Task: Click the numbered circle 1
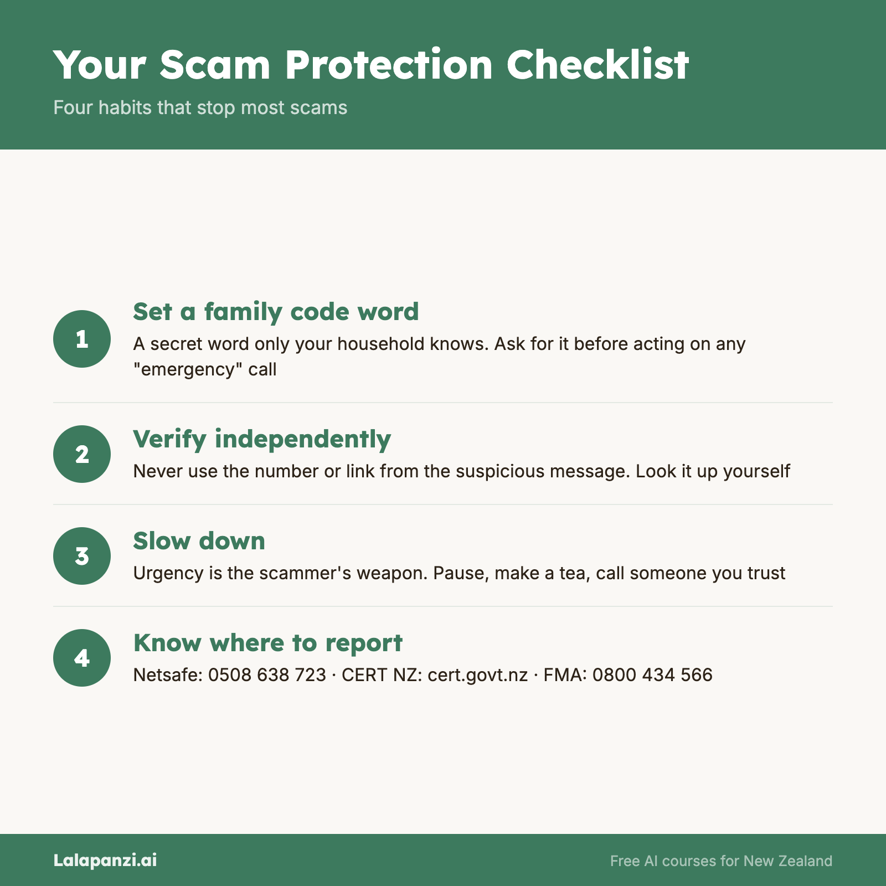(x=82, y=339)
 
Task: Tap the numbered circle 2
(x=82, y=454)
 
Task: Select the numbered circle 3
(x=82, y=556)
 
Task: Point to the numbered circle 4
(x=82, y=658)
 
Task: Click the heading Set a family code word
(x=276, y=312)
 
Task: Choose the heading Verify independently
(x=262, y=439)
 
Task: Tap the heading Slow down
(x=199, y=541)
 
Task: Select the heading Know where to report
(x=268, y=643)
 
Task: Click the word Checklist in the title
(x=597, y=65)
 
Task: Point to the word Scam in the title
(x=215, y=65)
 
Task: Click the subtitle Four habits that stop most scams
(x=200, y=107)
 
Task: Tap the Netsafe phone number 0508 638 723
(x=267, y=675)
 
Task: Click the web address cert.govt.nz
(x=477, y=675)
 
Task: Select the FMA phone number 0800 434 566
(x=652, y=675)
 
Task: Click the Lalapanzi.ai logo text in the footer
(x=105, y=860)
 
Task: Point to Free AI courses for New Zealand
(x=721, y=861)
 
